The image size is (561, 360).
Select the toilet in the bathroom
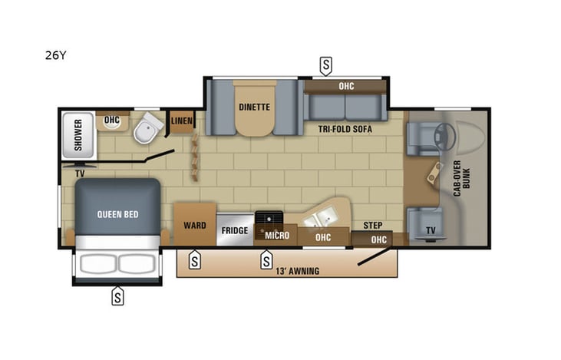(x=145, y=130)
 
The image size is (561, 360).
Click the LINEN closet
(x=182, y=121)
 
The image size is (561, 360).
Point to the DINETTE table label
(x=254, y=107)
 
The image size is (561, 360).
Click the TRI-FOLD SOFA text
(x=345, y=130)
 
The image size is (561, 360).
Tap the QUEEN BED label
(x=117, y=214)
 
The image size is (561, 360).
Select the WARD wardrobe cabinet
(x=194, y=226)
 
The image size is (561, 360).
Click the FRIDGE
(x=234, y=230)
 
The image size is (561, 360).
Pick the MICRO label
(x=277, y=236)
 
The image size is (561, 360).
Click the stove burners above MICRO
(x=269, y=219)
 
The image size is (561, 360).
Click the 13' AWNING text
(x=295, y=271)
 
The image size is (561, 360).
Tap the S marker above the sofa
(x=326, y=65)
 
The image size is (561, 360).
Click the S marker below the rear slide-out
(x=117, y=296)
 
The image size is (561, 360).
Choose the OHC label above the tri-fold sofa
(x=346, y=86)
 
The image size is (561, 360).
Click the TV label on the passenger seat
(x=431, y=230)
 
